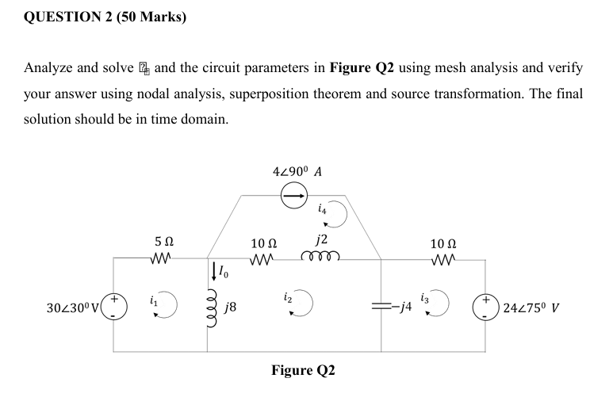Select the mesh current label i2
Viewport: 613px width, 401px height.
pyautogui.click(x=286, y=299)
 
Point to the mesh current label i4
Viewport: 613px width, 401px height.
pyautogui.click(x=320, y=209)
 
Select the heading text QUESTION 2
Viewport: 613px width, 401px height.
pyautogui.click(x=67, y=16)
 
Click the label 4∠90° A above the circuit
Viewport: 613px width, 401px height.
pyautogui.click(x=296, y=171)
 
